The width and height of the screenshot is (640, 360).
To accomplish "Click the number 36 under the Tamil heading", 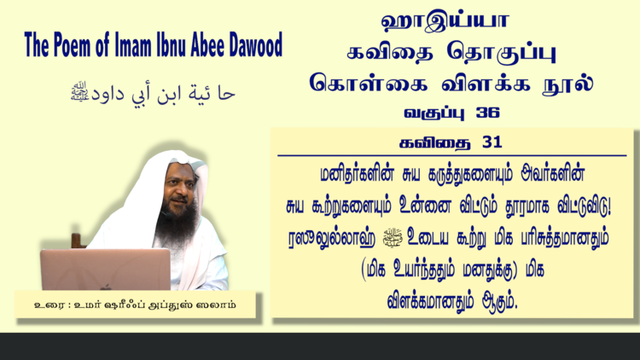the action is click(x=488, y=113).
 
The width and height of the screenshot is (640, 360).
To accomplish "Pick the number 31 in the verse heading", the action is click(x=492, y=142).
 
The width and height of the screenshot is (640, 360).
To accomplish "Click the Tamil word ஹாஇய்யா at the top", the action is click(x=445, y=21).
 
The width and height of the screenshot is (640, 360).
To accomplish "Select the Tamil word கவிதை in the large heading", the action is click(x=390, y=52).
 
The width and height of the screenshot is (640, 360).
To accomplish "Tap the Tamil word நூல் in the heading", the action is click(x=567, y=83).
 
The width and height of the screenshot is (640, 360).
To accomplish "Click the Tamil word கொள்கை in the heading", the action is click(x=369, y=83).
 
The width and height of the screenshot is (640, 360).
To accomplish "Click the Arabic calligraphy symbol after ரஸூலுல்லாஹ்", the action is click(x=393, y=237).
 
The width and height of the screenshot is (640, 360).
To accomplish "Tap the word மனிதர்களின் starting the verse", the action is click(x=358, y=174).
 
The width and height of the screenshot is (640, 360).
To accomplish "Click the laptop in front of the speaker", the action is click(x=105, y=270).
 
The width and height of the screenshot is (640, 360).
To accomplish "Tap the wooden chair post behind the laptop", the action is click(x=77, y=241).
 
